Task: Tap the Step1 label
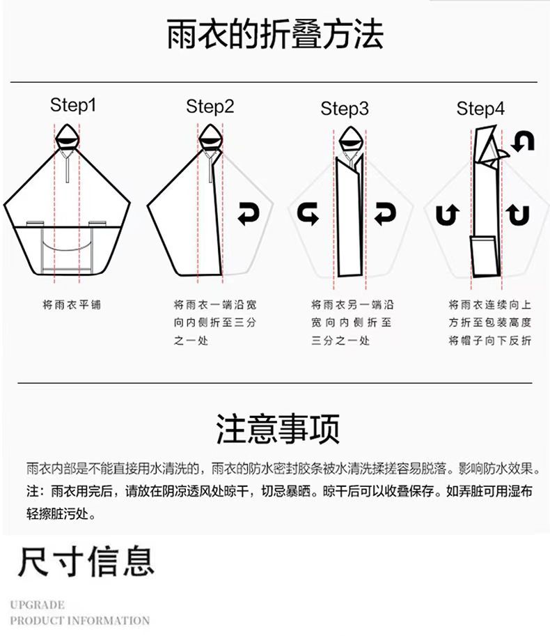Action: point(72,105)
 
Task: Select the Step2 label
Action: point(210,107)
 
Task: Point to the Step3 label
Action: point(345,109)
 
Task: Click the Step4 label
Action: point(480,109)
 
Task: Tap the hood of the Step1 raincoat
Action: point(67,135)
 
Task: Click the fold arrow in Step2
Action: point(248,214)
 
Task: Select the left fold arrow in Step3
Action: point(308,214)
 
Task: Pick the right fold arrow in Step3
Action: point(385,214)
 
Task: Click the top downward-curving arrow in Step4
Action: point(522,141)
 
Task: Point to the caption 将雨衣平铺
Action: point(67,305)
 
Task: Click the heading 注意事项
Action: point(277,428)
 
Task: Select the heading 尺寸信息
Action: point(86,561)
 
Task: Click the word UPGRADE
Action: point(38,605)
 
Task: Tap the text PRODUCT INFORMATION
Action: point(80,620)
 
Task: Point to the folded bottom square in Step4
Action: point(485,256)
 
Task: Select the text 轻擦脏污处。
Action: point(61,515)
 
